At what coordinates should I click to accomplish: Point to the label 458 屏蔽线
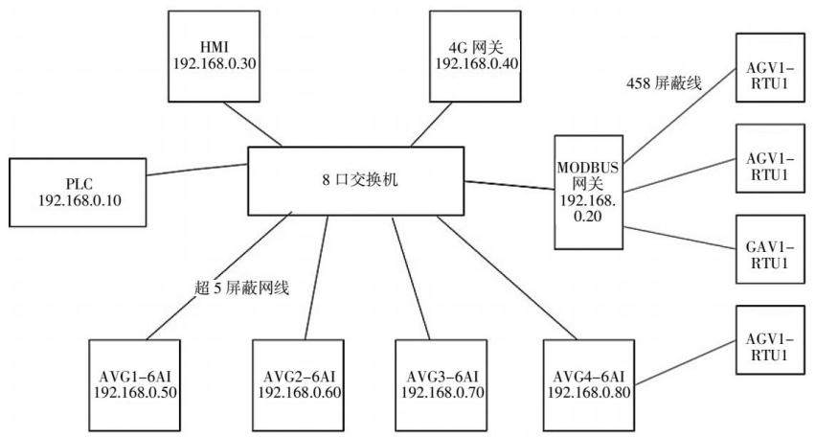click(665, 82)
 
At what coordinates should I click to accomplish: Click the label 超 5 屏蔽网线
click(241, 287)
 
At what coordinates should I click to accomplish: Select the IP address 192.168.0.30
click(215, 63)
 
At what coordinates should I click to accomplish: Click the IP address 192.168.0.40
click(477, 63)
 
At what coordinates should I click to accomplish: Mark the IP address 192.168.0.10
click(79, 201)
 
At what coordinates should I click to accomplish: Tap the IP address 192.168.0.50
click(135, 392)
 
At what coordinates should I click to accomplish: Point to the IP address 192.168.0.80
click(588, 392)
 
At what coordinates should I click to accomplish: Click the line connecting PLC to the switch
click(197, 170)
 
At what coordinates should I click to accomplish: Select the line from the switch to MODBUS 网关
click(509, 185)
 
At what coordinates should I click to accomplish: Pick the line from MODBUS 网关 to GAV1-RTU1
click(679, 238)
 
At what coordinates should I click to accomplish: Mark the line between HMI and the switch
click(253, 125)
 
